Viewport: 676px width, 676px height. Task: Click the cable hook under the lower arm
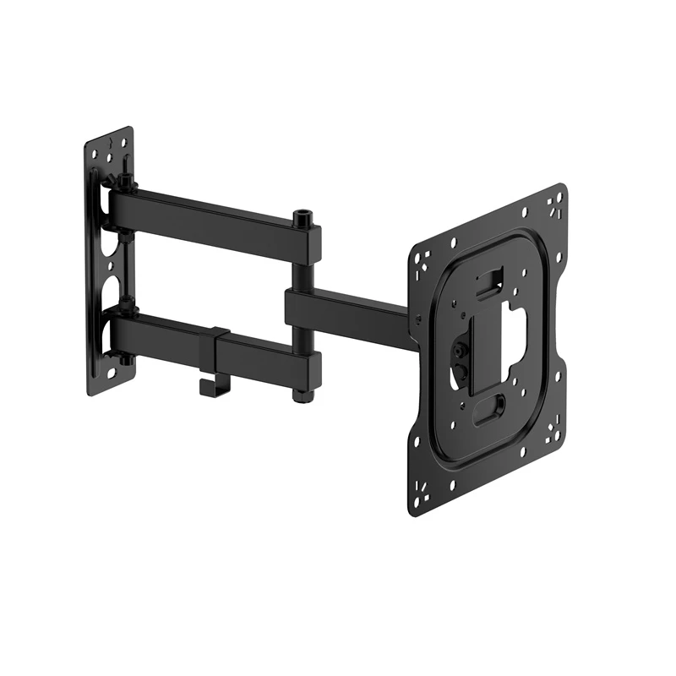tap(206, 384)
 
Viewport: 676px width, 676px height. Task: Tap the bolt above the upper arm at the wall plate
tap(125, 183)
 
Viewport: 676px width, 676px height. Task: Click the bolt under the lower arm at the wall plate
tap(125, 360)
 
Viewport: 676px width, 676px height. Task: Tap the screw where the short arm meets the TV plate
tap(417, 319)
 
